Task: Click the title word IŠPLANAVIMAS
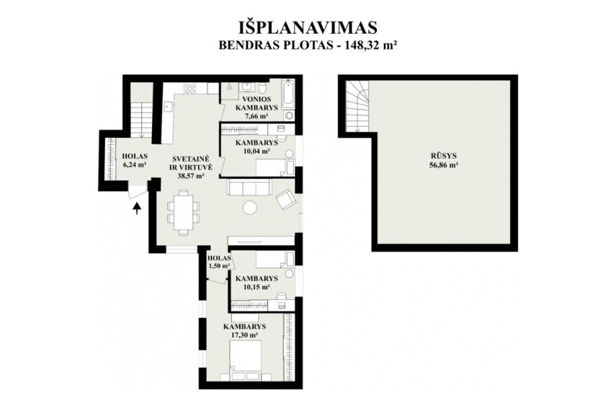pos(308,28)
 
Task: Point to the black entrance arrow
pos(136,208)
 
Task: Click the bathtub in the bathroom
pos(288,96)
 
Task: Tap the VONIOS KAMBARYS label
pos(259,103)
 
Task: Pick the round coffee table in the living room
pos(250,207)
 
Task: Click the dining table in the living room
pos(184,213)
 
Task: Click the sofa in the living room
pos(249,187)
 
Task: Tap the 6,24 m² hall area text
pos(135,165)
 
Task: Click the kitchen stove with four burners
pos(190,88)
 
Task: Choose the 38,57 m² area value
pos(191,177)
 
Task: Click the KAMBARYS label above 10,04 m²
pos(256,142)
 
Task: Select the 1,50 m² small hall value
pos(219,266)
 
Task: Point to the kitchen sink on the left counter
pos(169,106)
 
